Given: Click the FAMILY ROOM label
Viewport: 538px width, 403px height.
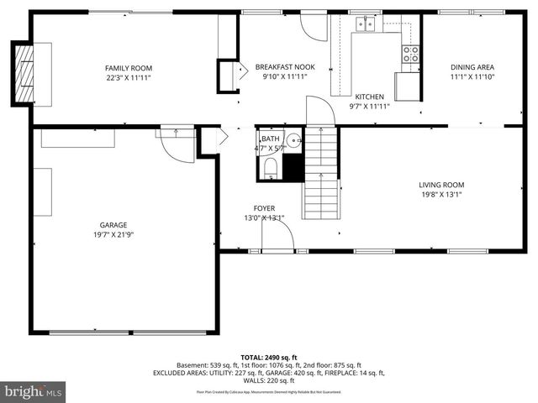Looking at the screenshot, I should (x=129, y=68).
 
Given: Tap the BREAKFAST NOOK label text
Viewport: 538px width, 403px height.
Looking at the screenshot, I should (x=285, y=67).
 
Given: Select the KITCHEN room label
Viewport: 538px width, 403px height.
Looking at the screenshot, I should (x=369, y=97).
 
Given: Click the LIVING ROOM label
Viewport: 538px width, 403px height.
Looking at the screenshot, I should (x=441, y=185).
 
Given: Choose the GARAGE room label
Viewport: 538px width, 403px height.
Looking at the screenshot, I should (x=113, y=225).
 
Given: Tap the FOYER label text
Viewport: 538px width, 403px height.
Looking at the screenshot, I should (x=264, y=208).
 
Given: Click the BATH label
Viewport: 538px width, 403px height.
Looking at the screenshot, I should (x=270, y=139).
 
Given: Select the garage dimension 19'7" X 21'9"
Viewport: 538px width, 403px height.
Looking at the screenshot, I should (x=113, y=235).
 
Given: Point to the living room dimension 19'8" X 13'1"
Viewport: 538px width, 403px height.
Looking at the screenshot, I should (x=441, y=195).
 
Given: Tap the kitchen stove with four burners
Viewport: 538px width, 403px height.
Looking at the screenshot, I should (x=411, y=54).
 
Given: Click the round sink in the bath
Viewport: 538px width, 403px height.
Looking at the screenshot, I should (x=293, y=140).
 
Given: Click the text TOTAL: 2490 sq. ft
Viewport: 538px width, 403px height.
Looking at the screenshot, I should (x=268, y=356).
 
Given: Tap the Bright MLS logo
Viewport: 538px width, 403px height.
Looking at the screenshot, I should (x=34, y=391).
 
